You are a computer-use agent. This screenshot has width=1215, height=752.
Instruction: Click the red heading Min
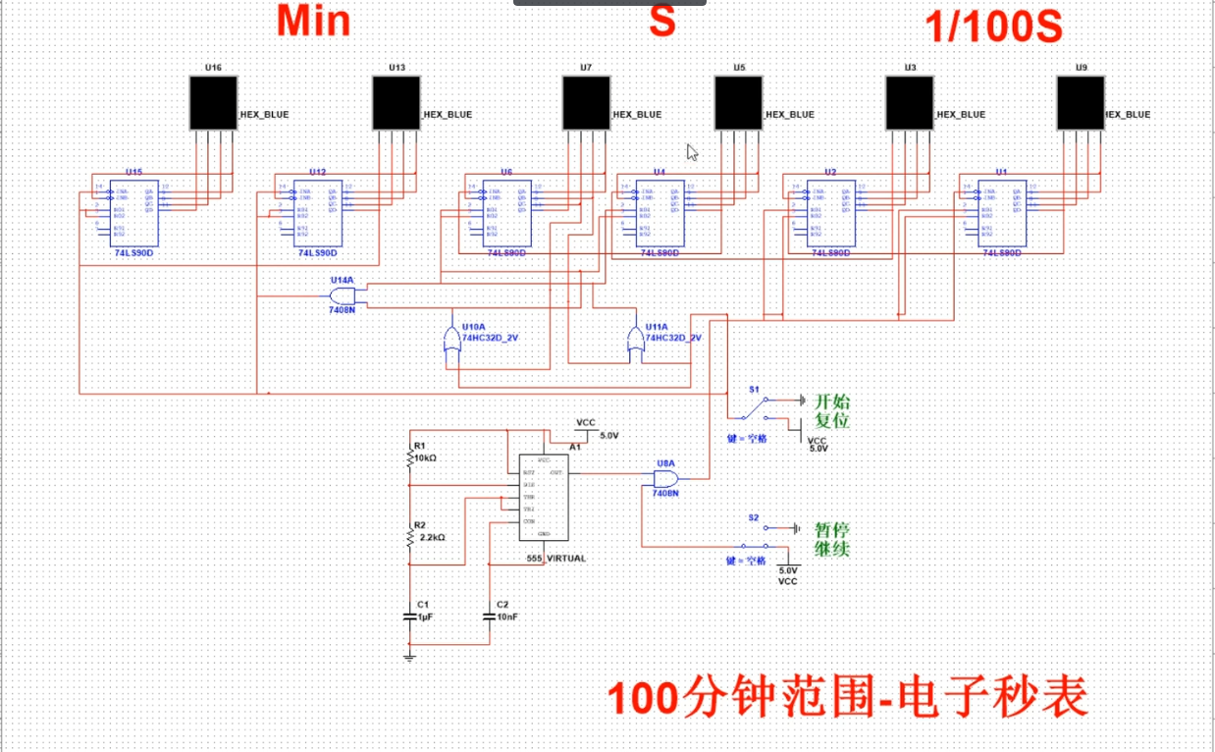pos(313,22)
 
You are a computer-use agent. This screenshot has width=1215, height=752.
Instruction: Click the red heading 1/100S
pos(993,27)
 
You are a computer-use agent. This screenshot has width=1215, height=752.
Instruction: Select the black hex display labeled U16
pos(213,103)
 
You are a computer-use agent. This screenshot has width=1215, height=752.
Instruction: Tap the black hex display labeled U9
pos(1081,103)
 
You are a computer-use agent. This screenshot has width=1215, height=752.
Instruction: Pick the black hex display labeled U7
pos(586,103)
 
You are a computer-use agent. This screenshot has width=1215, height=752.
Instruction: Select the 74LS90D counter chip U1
pos(1001,212)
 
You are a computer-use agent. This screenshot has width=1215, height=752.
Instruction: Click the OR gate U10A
pos(451,342)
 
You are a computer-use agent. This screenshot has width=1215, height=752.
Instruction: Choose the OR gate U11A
pos(635,342)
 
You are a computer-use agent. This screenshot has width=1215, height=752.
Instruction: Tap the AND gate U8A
pos(665,479)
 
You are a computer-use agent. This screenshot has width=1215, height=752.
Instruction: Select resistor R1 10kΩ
pos(410,458)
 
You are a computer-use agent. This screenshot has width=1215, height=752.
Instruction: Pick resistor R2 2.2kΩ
pos(410,537)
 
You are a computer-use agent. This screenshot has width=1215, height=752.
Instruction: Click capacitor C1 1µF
pos(410,616)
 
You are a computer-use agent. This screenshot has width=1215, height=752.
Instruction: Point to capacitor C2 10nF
pos(490,616)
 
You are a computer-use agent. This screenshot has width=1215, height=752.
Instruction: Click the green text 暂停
pos(831,529)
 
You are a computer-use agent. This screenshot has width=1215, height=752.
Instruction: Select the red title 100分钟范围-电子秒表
pos(848,698)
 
